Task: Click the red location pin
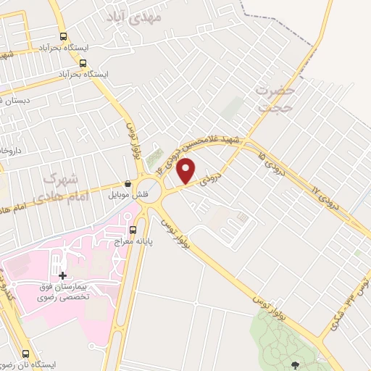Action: pyautogui.click(x=187, y=170)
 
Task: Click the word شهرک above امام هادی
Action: pyautogui.click(x=59, y=177)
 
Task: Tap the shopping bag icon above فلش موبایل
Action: pyautogui.click(x=128, y=184)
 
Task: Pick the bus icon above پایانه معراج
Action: pyautogui.click(x=133, y=230)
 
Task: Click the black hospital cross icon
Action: pyautogui.click(x=63, y=275)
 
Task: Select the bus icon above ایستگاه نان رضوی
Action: pyautogui.click(x=27, y=354)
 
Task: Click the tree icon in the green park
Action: pyautogui.click(x=294, y=365)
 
